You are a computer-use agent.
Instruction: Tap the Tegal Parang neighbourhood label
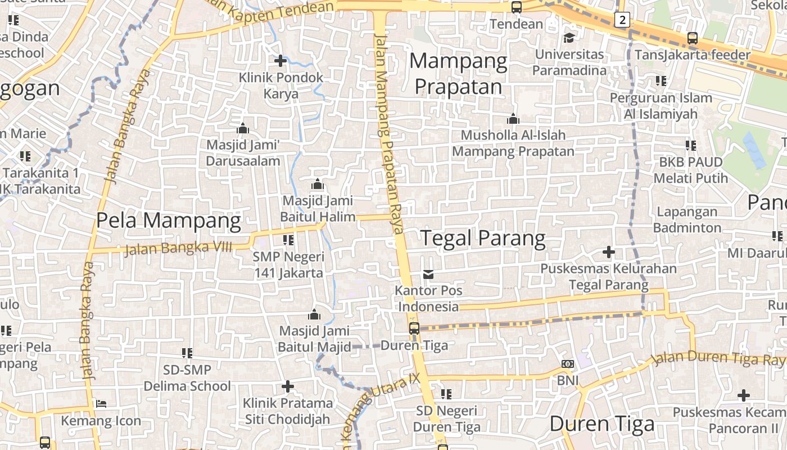483,238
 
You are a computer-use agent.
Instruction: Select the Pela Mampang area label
169,220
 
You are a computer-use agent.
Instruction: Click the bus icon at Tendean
516,7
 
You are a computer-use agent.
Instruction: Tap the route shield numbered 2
621,20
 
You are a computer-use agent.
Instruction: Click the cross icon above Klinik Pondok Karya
281,60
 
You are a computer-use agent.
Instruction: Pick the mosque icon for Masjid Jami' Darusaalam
243,128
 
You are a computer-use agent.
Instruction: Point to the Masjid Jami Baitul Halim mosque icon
317,184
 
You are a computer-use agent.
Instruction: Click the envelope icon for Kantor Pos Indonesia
428,274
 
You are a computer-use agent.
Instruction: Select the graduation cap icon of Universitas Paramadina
569,38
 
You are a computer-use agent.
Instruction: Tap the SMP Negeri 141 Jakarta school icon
288,240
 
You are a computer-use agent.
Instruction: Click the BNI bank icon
568,364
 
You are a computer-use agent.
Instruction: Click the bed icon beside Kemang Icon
101,403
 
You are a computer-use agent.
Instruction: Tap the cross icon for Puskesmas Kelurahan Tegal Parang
608,251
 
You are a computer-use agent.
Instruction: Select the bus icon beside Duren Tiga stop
414,328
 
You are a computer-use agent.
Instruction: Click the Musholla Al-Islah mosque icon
513,119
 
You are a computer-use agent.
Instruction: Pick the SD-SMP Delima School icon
187,353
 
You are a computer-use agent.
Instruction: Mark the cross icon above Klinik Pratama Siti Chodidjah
287,386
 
